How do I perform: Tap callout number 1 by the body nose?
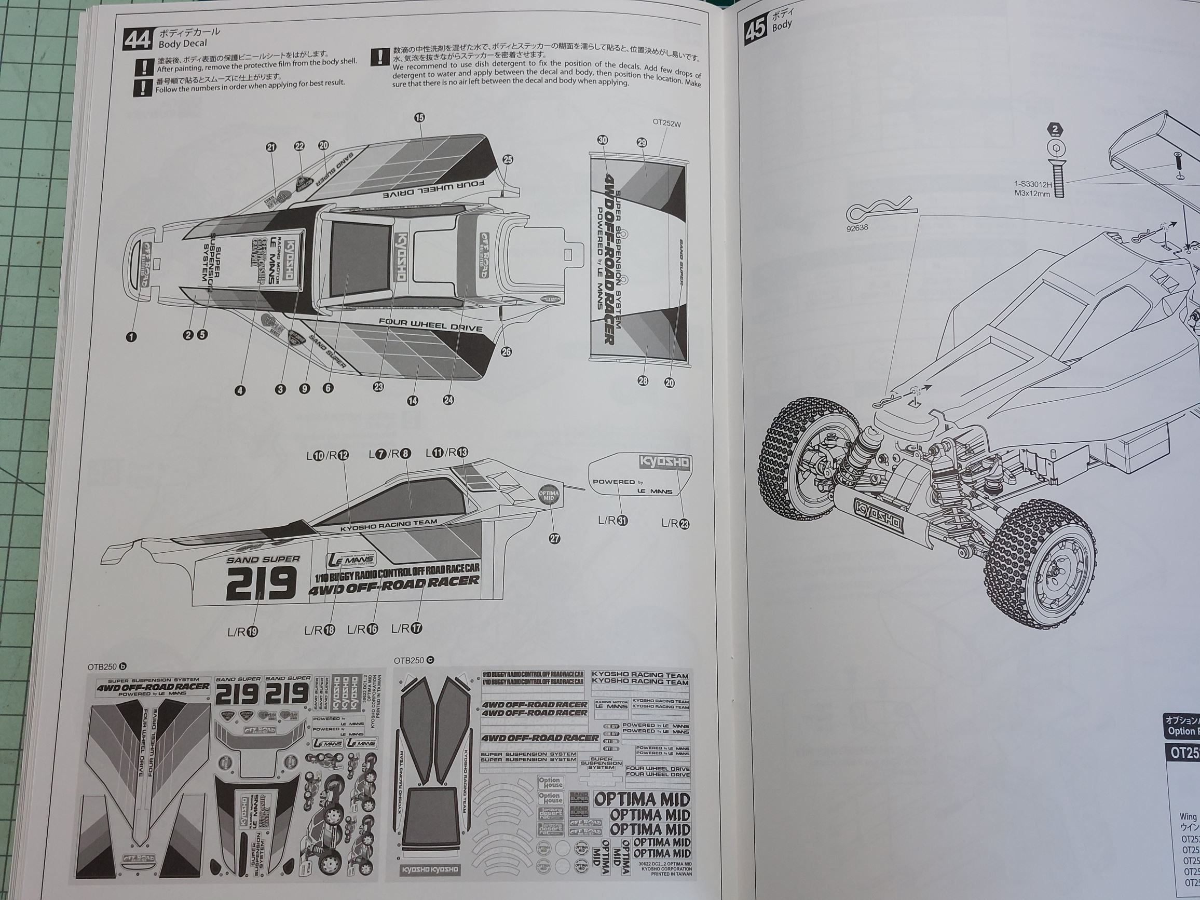tap(131, 336)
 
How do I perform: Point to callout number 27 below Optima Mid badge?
tap(554, 538)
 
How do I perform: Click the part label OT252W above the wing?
tap(666, 123)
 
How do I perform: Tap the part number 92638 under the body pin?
tap(857, 228)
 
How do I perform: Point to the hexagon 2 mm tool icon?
tap(1055, 130)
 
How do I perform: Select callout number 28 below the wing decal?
tap(643, 381)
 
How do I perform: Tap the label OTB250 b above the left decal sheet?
tap(107, 666)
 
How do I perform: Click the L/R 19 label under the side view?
tap(242, 632)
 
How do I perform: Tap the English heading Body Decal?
tap(183, 44)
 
